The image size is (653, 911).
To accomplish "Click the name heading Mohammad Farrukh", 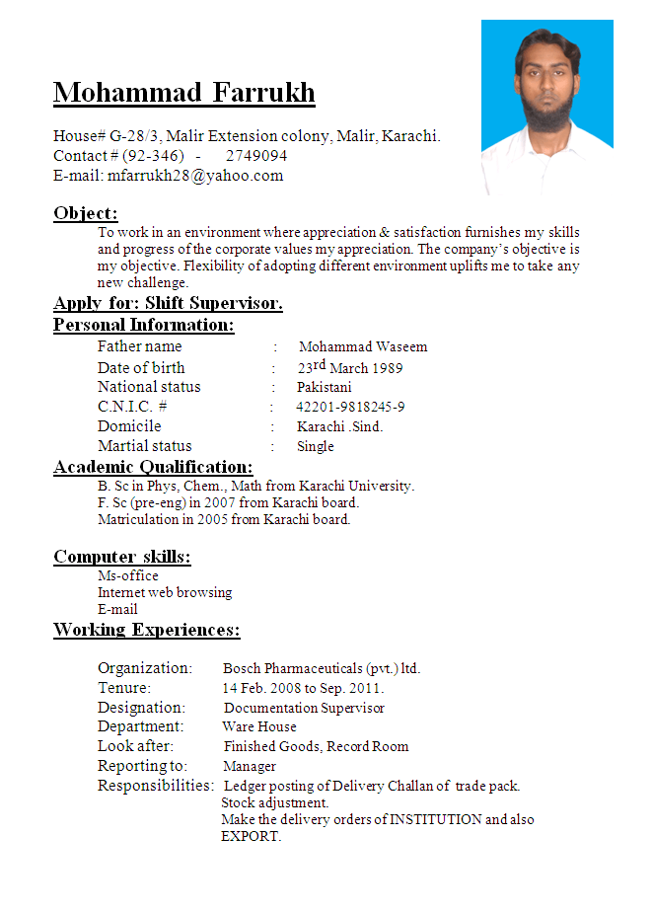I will (x=184, y=93).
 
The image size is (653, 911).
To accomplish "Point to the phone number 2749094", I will (x=256, y=156).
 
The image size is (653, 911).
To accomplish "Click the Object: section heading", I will (x=86, y=213).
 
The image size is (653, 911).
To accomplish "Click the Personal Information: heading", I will (x=144, y=325).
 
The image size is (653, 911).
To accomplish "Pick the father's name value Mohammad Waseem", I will (x=363, y=347).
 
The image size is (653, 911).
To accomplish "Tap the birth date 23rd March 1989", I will (x=350, y=367).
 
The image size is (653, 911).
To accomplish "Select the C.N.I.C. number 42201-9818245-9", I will (x=350, y=407).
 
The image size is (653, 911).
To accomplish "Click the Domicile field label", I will (x=129, y=426).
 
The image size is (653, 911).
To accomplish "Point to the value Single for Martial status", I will (x=316, y=446).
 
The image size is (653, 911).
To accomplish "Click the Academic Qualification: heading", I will (x=153, y=467).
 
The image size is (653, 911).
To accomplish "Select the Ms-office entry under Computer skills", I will (x=128, y=575).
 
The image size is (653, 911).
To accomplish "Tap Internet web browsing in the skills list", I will (x=165, y=592).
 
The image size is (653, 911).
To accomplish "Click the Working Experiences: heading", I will (x=147, y=630).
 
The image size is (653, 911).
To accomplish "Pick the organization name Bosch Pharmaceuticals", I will (x=292, y=668).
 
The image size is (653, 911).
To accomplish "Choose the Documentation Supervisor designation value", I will (x=304, y=708).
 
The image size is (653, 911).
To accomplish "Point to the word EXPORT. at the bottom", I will (x=252, y=836).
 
